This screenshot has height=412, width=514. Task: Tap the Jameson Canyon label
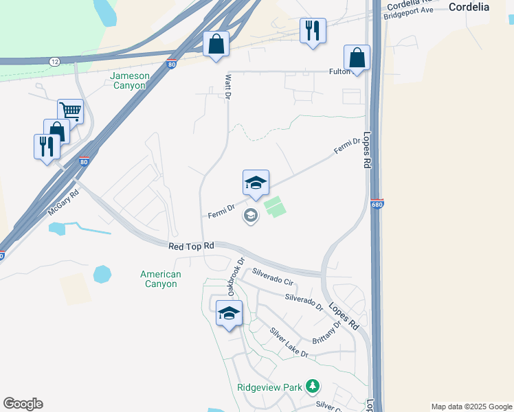(x=129, y=80)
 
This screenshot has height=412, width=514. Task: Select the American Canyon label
(x=161, y=279)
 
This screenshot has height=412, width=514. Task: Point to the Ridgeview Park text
(x=270, y=387)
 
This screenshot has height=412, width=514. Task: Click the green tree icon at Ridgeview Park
(x=313, y=387)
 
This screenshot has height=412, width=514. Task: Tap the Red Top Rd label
(x=191, y=245)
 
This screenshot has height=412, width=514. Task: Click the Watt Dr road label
(x=227, y=87)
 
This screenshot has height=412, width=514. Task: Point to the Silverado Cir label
(x=273, y=277)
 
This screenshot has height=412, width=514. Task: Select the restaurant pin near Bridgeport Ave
(x=313, y=30)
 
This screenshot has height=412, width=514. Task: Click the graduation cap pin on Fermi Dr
(x=256, y=183)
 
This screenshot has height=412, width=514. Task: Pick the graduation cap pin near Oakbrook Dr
(x=229, y=314)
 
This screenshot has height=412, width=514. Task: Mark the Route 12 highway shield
(x=54, y=62)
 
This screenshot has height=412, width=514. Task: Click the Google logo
(x=23, y=404)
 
